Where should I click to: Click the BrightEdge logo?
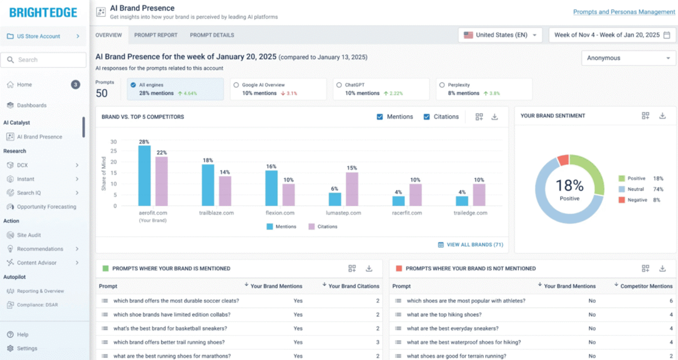coord(43,13)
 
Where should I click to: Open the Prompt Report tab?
coord(156,35)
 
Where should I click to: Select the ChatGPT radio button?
coord(339,85)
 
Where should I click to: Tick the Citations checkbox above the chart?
coord(427,117)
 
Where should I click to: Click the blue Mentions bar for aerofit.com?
coord(144,175)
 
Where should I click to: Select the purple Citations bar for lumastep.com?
coord(352,189)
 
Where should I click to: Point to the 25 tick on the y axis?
coord(114,151)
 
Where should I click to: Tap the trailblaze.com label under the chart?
coord(216,213)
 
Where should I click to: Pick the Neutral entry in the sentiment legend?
coord(635,189)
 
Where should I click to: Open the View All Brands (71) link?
coord(475,245)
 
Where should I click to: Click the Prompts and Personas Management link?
coord(624,12)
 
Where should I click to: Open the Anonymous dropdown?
coord(628,58)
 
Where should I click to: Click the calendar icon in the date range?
coord(667,35)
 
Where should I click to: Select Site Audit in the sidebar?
coord(29,235)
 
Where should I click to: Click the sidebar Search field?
coord(44,60)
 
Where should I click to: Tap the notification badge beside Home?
coord(75,85)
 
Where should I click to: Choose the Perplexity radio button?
coord(442,85)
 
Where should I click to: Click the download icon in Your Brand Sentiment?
coord(662,116)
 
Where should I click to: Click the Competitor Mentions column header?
coord(646,286)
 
